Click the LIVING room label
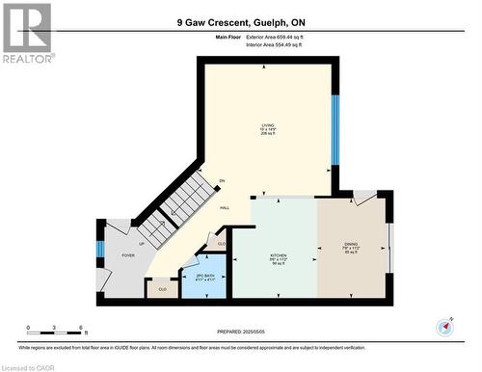tap(267, 125)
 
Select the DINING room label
tap(351, 245)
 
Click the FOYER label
tap(127, 255)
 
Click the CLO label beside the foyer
tap(162, 287)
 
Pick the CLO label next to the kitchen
tap(221, 244)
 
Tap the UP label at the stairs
tap(143, 244)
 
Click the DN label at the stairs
tap(222, 181)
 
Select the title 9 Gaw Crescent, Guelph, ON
tap(240, 21)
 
